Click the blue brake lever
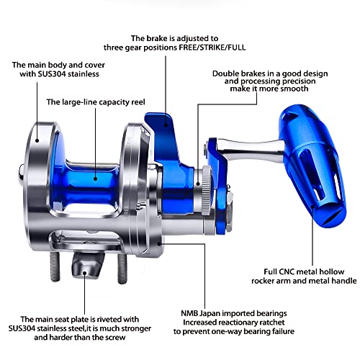pyautogui.click(x=168, y=153)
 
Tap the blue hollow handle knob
pyautogui.click(x=312, y=166)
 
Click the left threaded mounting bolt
pyautogui.click(x=55, y=266)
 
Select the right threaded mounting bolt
pyautogui.click(x=122, y=269)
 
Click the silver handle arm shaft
pyautogui.click(x=250, y=150)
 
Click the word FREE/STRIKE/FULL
pyautogui.click(x=212, y=48)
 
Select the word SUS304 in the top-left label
pyautogui.click(x=52, y=74)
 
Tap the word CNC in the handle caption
pyautogui.click(x=287, y=271)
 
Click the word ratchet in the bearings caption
pyautogui.click(x=271, y=323)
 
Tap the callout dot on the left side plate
pyautogui.click(x=37, y=140)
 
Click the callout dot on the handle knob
pyautogui.click(x=312, y=207)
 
